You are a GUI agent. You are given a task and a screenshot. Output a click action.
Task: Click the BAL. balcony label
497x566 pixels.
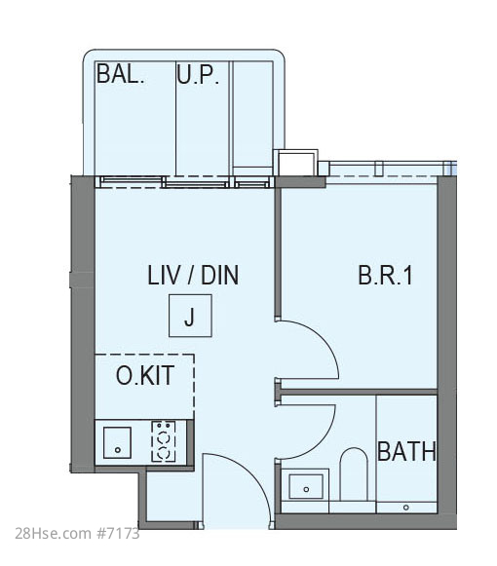[x=120, y=74]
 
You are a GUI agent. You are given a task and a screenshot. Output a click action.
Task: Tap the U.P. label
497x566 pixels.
[x=198, y=75]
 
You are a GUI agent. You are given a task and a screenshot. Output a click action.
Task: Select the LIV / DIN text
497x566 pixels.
[x=193, y=275]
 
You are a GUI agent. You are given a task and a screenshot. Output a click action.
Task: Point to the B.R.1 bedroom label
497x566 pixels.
[x=385, y=275]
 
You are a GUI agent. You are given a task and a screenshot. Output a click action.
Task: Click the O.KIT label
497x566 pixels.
[x=145, y=375]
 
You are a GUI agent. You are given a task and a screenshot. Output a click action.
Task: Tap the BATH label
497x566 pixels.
[x=406, y=451]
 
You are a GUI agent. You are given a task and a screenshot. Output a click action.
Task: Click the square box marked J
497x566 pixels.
[x=190, y=316]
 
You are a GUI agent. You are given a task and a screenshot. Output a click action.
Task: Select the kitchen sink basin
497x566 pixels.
[x=117, y=442]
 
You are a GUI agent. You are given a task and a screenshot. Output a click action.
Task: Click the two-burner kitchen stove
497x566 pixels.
[x=164, y=441]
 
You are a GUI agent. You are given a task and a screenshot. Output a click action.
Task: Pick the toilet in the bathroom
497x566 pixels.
[x=354, y=474]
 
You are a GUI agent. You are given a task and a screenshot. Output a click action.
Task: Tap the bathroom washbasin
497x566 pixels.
[x=306, y=486]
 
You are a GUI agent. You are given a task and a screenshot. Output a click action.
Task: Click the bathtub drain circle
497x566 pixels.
[x=406, y=508]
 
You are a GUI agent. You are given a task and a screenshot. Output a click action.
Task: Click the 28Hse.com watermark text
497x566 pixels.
[x=53, y=533]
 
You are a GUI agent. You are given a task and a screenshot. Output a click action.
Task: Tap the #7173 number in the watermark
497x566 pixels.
[x=117, y=533]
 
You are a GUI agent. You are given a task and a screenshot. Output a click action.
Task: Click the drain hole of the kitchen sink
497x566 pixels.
[x=117, y=450]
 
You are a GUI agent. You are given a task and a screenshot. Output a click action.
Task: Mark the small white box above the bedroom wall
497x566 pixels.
[x=296, y=164]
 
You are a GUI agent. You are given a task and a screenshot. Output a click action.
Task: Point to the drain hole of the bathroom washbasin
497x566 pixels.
[x=306, y=489]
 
